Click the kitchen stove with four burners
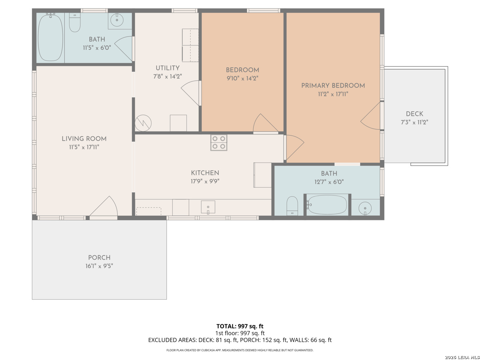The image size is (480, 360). [218, 143]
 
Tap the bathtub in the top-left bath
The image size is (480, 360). [50, 38]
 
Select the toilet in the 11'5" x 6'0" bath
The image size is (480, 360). [75, 22]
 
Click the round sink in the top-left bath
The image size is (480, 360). [117, 20]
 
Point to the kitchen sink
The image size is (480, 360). [208, 207]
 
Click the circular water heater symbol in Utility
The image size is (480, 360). [143, 123]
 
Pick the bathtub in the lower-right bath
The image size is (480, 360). [327, 205]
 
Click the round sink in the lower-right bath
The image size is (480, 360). [365, 208]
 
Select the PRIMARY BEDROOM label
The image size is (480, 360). [333, 85]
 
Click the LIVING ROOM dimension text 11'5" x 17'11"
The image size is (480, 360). [84, 147]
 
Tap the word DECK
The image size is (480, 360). [414, 114]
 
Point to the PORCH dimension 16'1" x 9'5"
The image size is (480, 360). [99, 266]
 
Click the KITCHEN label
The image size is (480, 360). [205, 173]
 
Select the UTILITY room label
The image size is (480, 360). [168, 68]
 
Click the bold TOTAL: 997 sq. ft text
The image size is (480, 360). [240, 326]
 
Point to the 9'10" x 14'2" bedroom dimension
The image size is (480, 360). [242, 78]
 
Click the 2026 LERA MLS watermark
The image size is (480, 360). [462, 357]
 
